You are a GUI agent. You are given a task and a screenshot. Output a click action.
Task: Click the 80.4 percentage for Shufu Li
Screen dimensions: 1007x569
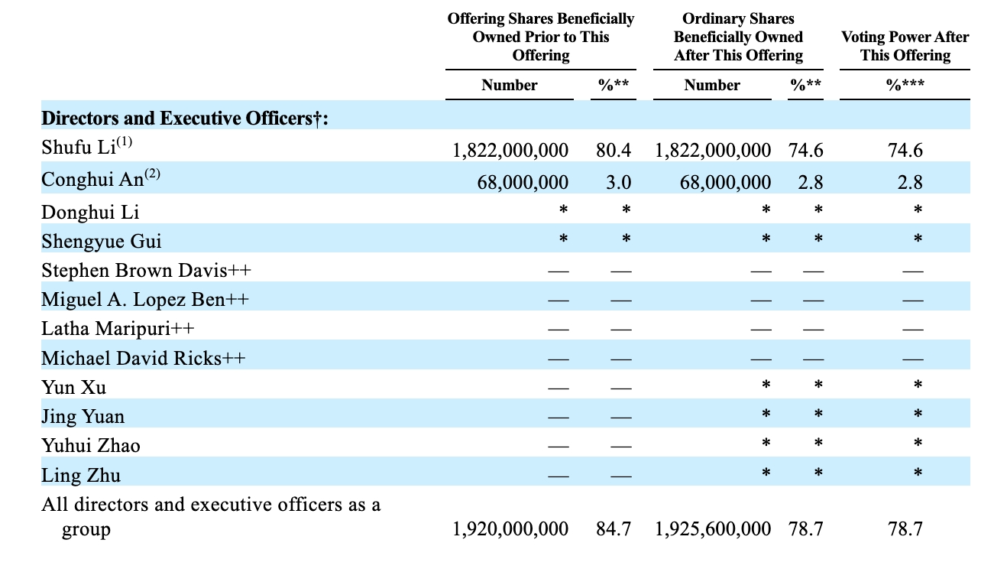[x=614, y=150]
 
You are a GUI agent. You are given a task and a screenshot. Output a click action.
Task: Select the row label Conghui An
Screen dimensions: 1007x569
[x=92, y=179]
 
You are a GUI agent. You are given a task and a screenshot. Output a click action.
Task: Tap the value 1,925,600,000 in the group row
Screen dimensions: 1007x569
[x=713, y=529]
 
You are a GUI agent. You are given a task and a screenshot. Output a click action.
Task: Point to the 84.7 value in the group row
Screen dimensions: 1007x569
[x=614, y=529]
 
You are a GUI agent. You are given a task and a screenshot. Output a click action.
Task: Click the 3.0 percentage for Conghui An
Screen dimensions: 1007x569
[x=619, y=182]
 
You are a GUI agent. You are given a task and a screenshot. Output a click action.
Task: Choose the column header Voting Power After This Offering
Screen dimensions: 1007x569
[x=905, y=46]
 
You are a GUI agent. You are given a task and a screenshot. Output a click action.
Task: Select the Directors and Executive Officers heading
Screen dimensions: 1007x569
[x=185, y=119]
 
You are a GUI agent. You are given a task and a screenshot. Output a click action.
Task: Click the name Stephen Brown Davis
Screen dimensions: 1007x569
[x=134, y=271]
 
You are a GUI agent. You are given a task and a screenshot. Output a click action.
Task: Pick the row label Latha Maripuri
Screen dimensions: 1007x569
[x=106, y=329]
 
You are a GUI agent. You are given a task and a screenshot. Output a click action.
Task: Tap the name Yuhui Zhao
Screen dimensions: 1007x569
[x=91, y=445]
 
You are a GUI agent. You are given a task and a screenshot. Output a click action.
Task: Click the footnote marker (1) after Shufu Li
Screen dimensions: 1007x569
[x=124, y=141]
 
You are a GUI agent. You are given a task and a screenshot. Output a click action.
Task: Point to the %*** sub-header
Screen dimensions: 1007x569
[x=905, y=85]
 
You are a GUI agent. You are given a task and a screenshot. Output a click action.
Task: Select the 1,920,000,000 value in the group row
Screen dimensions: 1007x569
[x=510, y=529]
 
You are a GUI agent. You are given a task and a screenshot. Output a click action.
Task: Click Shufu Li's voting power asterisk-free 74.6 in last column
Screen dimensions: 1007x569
[x=905, y=150]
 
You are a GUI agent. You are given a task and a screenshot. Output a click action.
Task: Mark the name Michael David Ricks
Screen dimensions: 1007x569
[x=131, y=359]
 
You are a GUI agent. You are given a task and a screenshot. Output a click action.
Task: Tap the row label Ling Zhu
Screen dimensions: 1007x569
[x=81, y=475]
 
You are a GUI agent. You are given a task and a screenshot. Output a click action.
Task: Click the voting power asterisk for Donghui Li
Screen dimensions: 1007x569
[x=918, y=210]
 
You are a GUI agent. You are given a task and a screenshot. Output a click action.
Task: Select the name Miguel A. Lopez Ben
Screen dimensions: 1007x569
[x=133, y=299]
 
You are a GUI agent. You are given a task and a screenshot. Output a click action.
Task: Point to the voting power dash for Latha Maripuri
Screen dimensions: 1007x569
[x=913, y=330]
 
